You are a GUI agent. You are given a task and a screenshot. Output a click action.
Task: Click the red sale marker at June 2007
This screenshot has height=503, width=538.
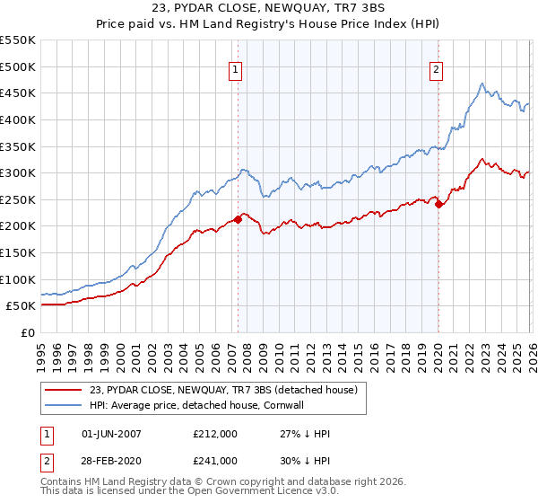pyautogui.click(x=238, y=219)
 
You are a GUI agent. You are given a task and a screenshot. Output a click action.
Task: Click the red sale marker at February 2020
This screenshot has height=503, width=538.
pyautogui.click(x=438, y=204)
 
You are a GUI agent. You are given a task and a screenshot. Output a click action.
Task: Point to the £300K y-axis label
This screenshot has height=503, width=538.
pyautogui.click(x=17, y=172)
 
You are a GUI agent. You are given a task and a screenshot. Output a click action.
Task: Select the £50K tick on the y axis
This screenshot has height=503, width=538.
pyautogui.click(x=21, y=305)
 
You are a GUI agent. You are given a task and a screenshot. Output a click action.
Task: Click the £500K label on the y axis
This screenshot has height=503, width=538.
pyautogui.click(x=17, y=66)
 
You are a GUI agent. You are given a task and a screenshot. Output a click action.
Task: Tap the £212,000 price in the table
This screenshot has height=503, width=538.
pyautogui.click(x=215, y=434)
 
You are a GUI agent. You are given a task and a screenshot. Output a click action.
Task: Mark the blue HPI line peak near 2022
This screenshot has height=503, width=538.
pyautogui.click(x=482, y=84)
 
